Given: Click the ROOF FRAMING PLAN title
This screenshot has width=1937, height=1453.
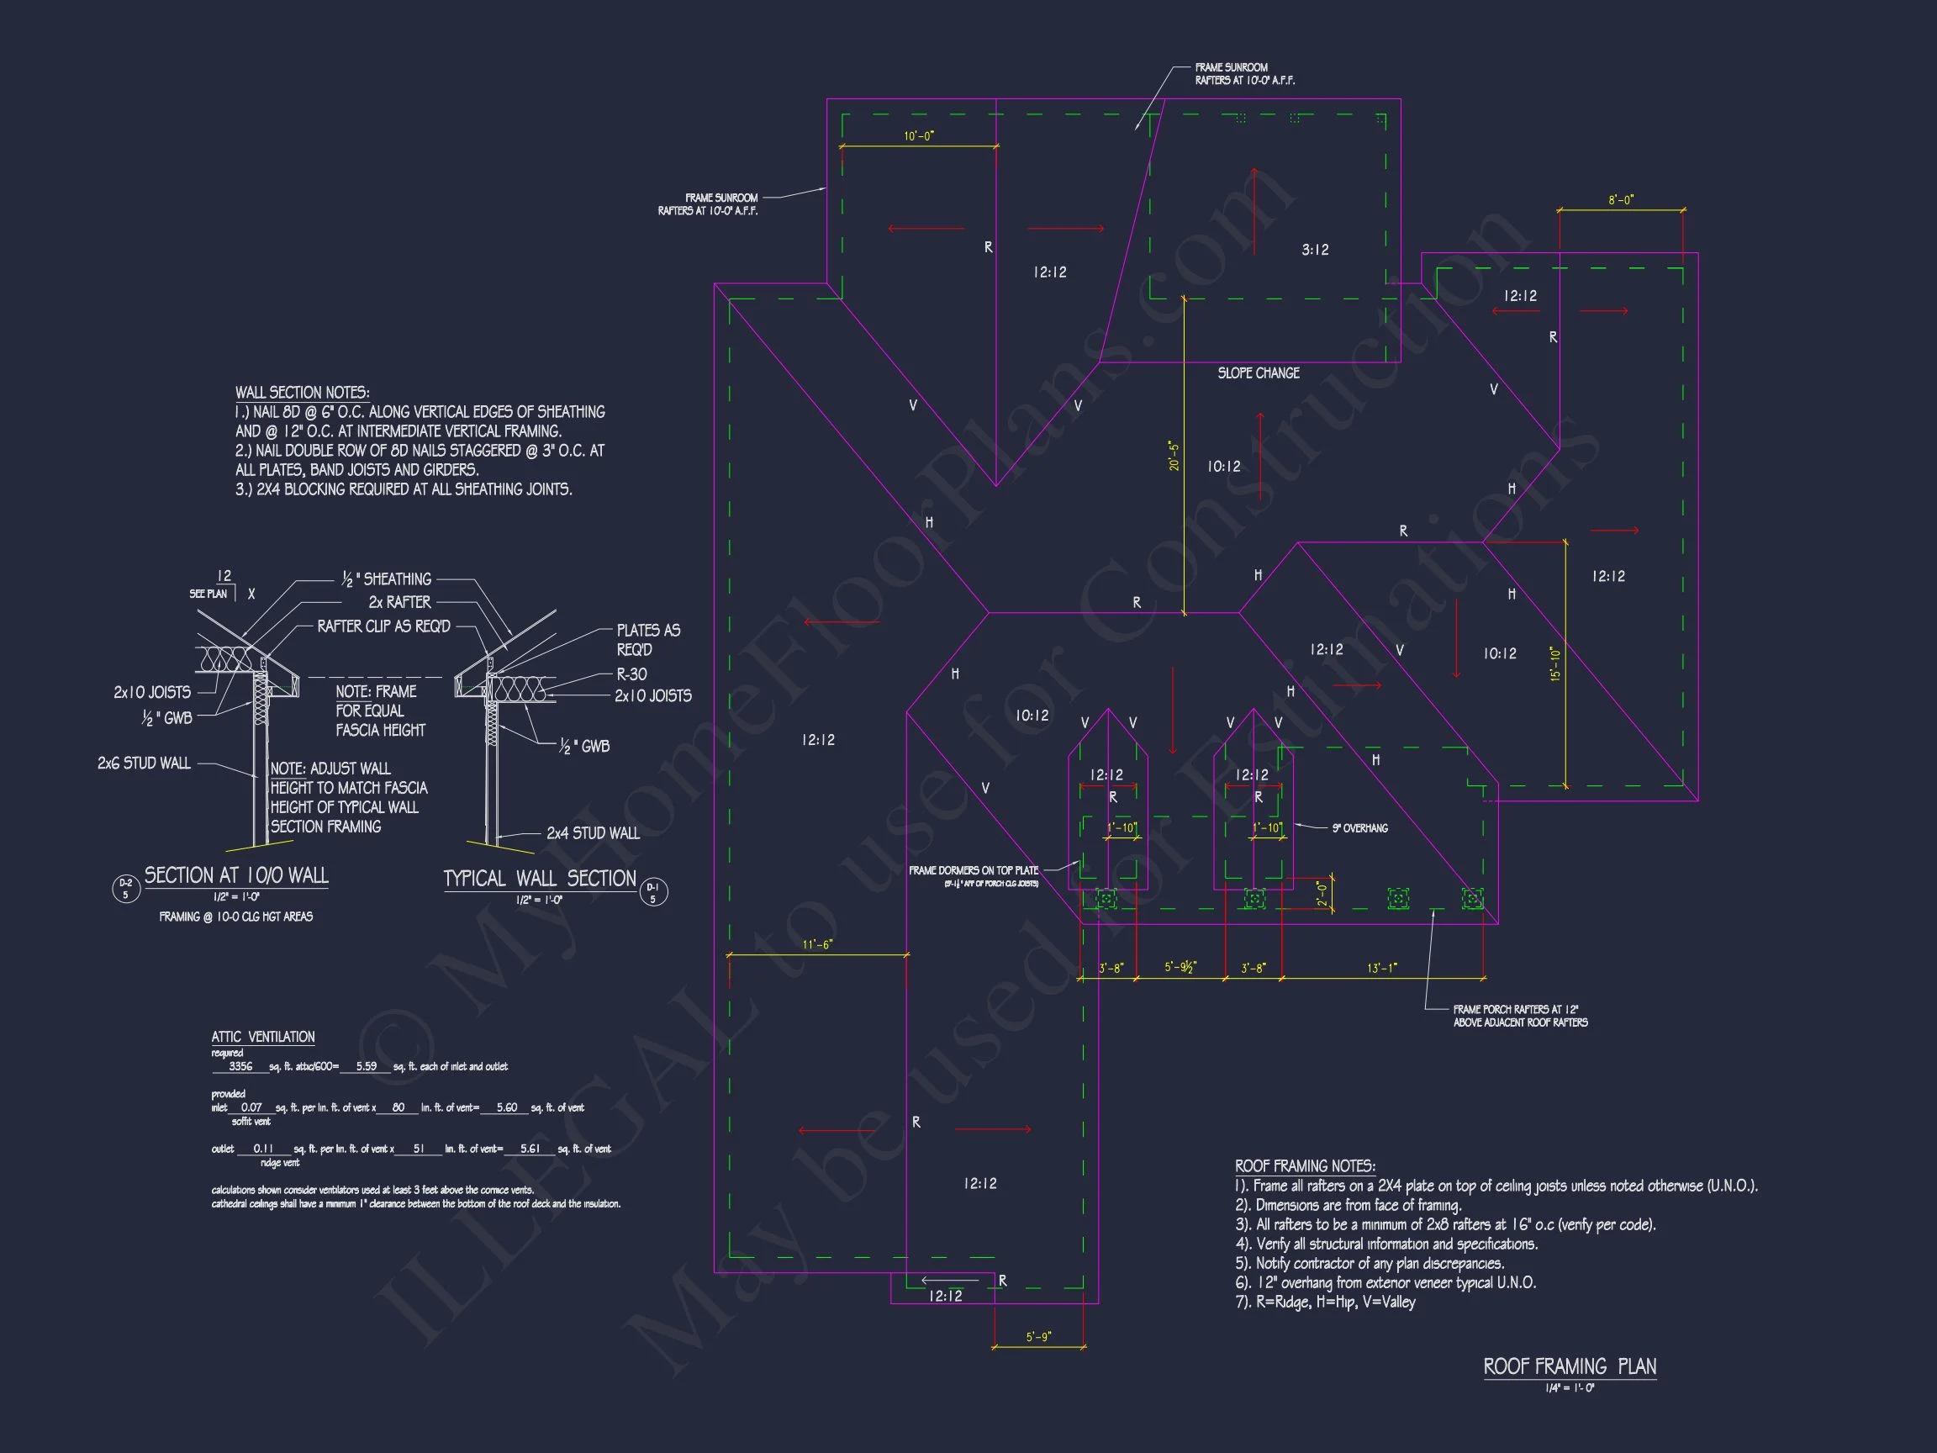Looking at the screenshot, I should (x=1570, y=1366).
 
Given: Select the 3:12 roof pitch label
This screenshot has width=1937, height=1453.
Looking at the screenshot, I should (x=1314, y=251).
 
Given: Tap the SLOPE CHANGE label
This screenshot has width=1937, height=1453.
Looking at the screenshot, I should (x=1259, y=373).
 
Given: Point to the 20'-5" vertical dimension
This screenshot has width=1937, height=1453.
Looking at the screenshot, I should (x=1174, y=457).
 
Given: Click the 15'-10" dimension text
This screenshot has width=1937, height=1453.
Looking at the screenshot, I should (x=1555, y=664).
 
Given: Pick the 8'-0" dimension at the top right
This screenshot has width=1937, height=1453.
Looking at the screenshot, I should (x=1621, y=201).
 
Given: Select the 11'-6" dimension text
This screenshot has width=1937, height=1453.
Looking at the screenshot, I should (x=817, y=945).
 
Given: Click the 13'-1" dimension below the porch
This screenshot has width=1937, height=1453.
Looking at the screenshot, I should (x=1382, y=968).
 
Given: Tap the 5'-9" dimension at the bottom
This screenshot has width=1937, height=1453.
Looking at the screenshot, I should (x=1037, y=1338).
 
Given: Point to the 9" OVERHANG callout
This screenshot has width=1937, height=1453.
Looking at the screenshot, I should (x=1360, y=828).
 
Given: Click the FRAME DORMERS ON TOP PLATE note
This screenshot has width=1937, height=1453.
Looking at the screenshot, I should (x=974, y=870).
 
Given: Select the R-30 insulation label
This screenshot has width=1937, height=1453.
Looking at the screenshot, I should (x=631, y=674).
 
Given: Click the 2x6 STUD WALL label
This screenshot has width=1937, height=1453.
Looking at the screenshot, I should (x=144, y=763).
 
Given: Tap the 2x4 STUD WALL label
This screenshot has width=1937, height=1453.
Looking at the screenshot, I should (x=593, y=833).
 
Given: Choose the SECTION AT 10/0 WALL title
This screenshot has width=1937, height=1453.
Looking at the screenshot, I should (x=236, y=875).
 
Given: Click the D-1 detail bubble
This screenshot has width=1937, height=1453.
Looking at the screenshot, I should (x=653, y=892).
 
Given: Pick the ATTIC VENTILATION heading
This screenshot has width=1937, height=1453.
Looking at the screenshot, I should (x=262, y=1037).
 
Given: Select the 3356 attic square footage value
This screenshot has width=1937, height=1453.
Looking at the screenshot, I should (x=240, y=1067).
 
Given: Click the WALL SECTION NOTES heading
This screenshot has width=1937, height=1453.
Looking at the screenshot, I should (x=302, y=394).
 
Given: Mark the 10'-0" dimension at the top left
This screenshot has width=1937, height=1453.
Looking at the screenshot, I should (x=919, y=136).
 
